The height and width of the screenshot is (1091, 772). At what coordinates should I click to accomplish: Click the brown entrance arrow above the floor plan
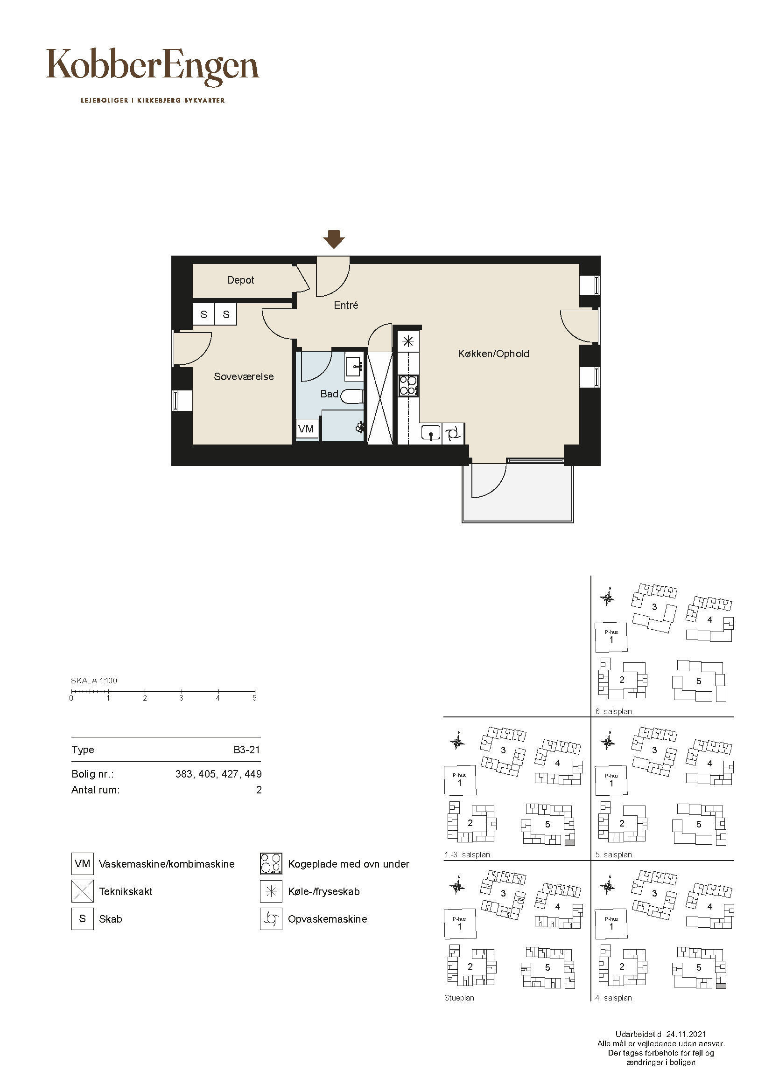pos(334,239)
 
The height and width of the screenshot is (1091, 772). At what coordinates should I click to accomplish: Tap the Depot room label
pos(240,280)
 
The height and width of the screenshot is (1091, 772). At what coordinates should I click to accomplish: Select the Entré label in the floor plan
pos(346,306)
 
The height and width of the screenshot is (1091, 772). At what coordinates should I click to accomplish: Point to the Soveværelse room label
pos(244,377)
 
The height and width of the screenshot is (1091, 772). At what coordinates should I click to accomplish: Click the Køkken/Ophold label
pos(493,354)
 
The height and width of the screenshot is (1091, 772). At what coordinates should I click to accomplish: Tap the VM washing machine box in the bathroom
pos(307,429)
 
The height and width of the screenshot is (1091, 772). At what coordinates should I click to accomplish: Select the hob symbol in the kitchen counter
pos(408,385)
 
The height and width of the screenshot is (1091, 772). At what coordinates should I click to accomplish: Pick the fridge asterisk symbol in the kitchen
pos(408,341)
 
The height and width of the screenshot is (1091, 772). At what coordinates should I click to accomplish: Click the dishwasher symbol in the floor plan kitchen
pos(453,433)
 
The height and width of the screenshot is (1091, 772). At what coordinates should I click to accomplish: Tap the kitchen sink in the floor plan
pos(431,433)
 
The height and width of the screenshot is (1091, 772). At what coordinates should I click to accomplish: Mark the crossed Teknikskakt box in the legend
pos(82,891)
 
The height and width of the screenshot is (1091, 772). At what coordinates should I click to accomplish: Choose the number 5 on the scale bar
pos(254,698)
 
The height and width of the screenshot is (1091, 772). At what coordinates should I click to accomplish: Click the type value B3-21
pos(247,750)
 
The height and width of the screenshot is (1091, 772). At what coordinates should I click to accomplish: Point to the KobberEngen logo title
pos(153,67)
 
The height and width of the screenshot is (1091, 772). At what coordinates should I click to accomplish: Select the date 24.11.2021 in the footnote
pos(686,1034)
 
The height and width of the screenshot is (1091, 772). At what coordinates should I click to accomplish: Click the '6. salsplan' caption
pos(614,711)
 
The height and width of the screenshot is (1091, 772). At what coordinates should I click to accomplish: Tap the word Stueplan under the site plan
pos(459,998)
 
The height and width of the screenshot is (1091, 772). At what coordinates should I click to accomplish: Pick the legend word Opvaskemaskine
pos(328,919)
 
